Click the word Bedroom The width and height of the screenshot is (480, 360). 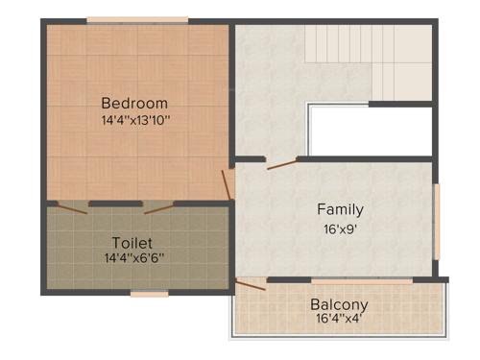click(134, 103)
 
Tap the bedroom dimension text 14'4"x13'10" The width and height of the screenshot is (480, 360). click(135, 121)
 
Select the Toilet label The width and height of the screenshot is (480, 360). click(132, 242)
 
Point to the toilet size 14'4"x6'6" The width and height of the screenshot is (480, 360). click(134, 258)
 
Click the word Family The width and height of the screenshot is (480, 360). click(341, 209)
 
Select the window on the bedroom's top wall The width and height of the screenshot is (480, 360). click(124, 20)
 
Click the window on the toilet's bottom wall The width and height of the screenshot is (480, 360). click(149, 294)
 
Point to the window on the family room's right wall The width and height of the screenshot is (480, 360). click(437, 221)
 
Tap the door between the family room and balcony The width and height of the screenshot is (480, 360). click(252, 284)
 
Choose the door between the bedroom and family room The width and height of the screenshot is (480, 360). click(229, 183)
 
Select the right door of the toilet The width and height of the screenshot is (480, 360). click(157, 206)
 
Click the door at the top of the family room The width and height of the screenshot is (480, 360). click(282, 164)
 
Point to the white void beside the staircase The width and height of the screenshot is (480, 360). click(370, 131)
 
